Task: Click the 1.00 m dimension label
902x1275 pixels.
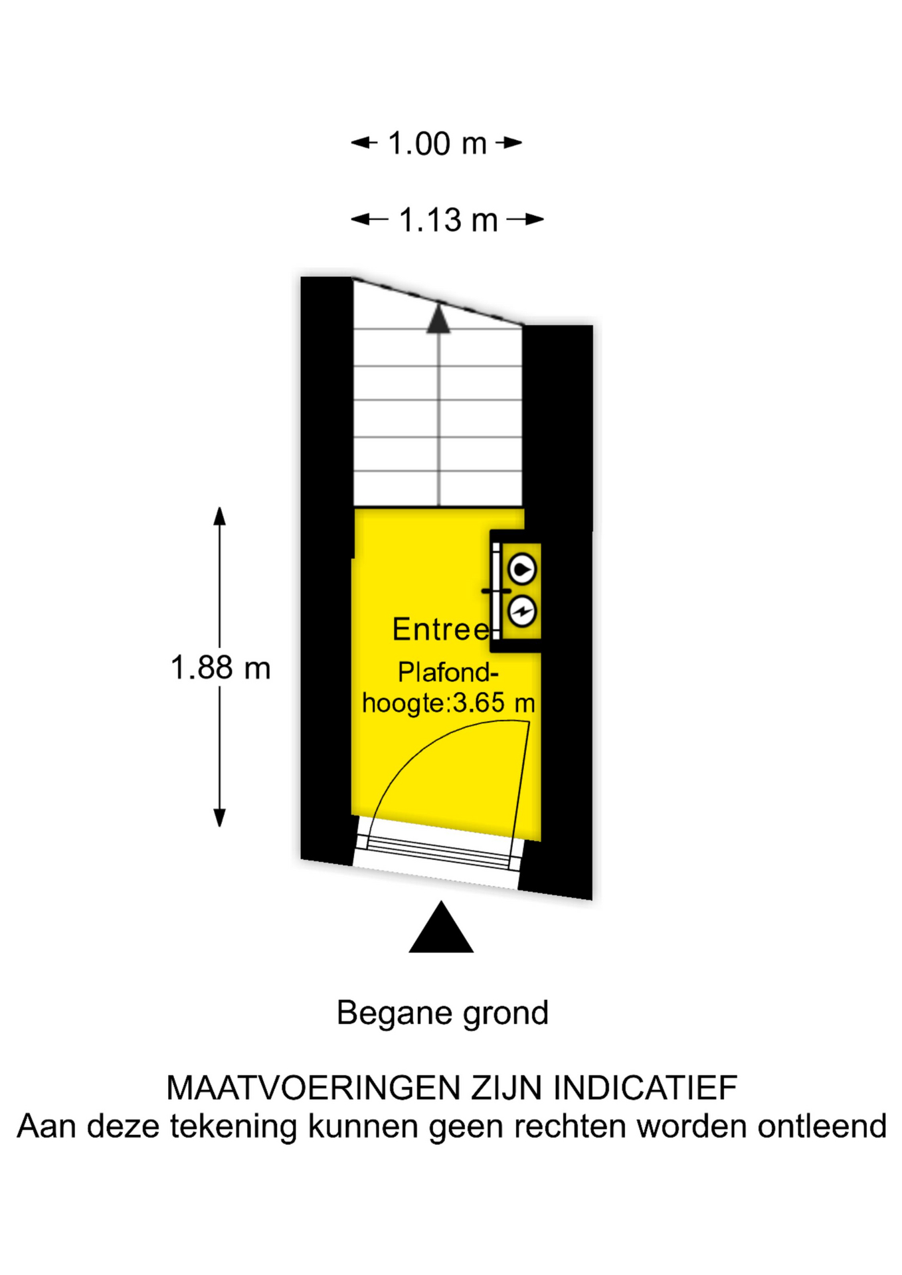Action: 437,143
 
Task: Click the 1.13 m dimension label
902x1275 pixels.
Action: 448,220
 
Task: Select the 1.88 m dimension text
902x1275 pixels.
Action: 221,668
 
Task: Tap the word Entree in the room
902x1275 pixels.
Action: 440,630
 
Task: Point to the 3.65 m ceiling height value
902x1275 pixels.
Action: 493,703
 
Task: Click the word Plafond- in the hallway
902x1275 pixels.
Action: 448,673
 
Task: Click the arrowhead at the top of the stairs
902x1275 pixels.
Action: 438,318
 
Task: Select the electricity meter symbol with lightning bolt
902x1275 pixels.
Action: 522,611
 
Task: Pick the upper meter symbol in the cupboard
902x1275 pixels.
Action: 522,569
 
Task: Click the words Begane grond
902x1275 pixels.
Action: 442,1013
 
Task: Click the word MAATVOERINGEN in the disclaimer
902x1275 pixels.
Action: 314,1088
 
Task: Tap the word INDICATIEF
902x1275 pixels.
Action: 645,1088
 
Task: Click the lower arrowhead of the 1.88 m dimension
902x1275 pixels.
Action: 220,818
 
